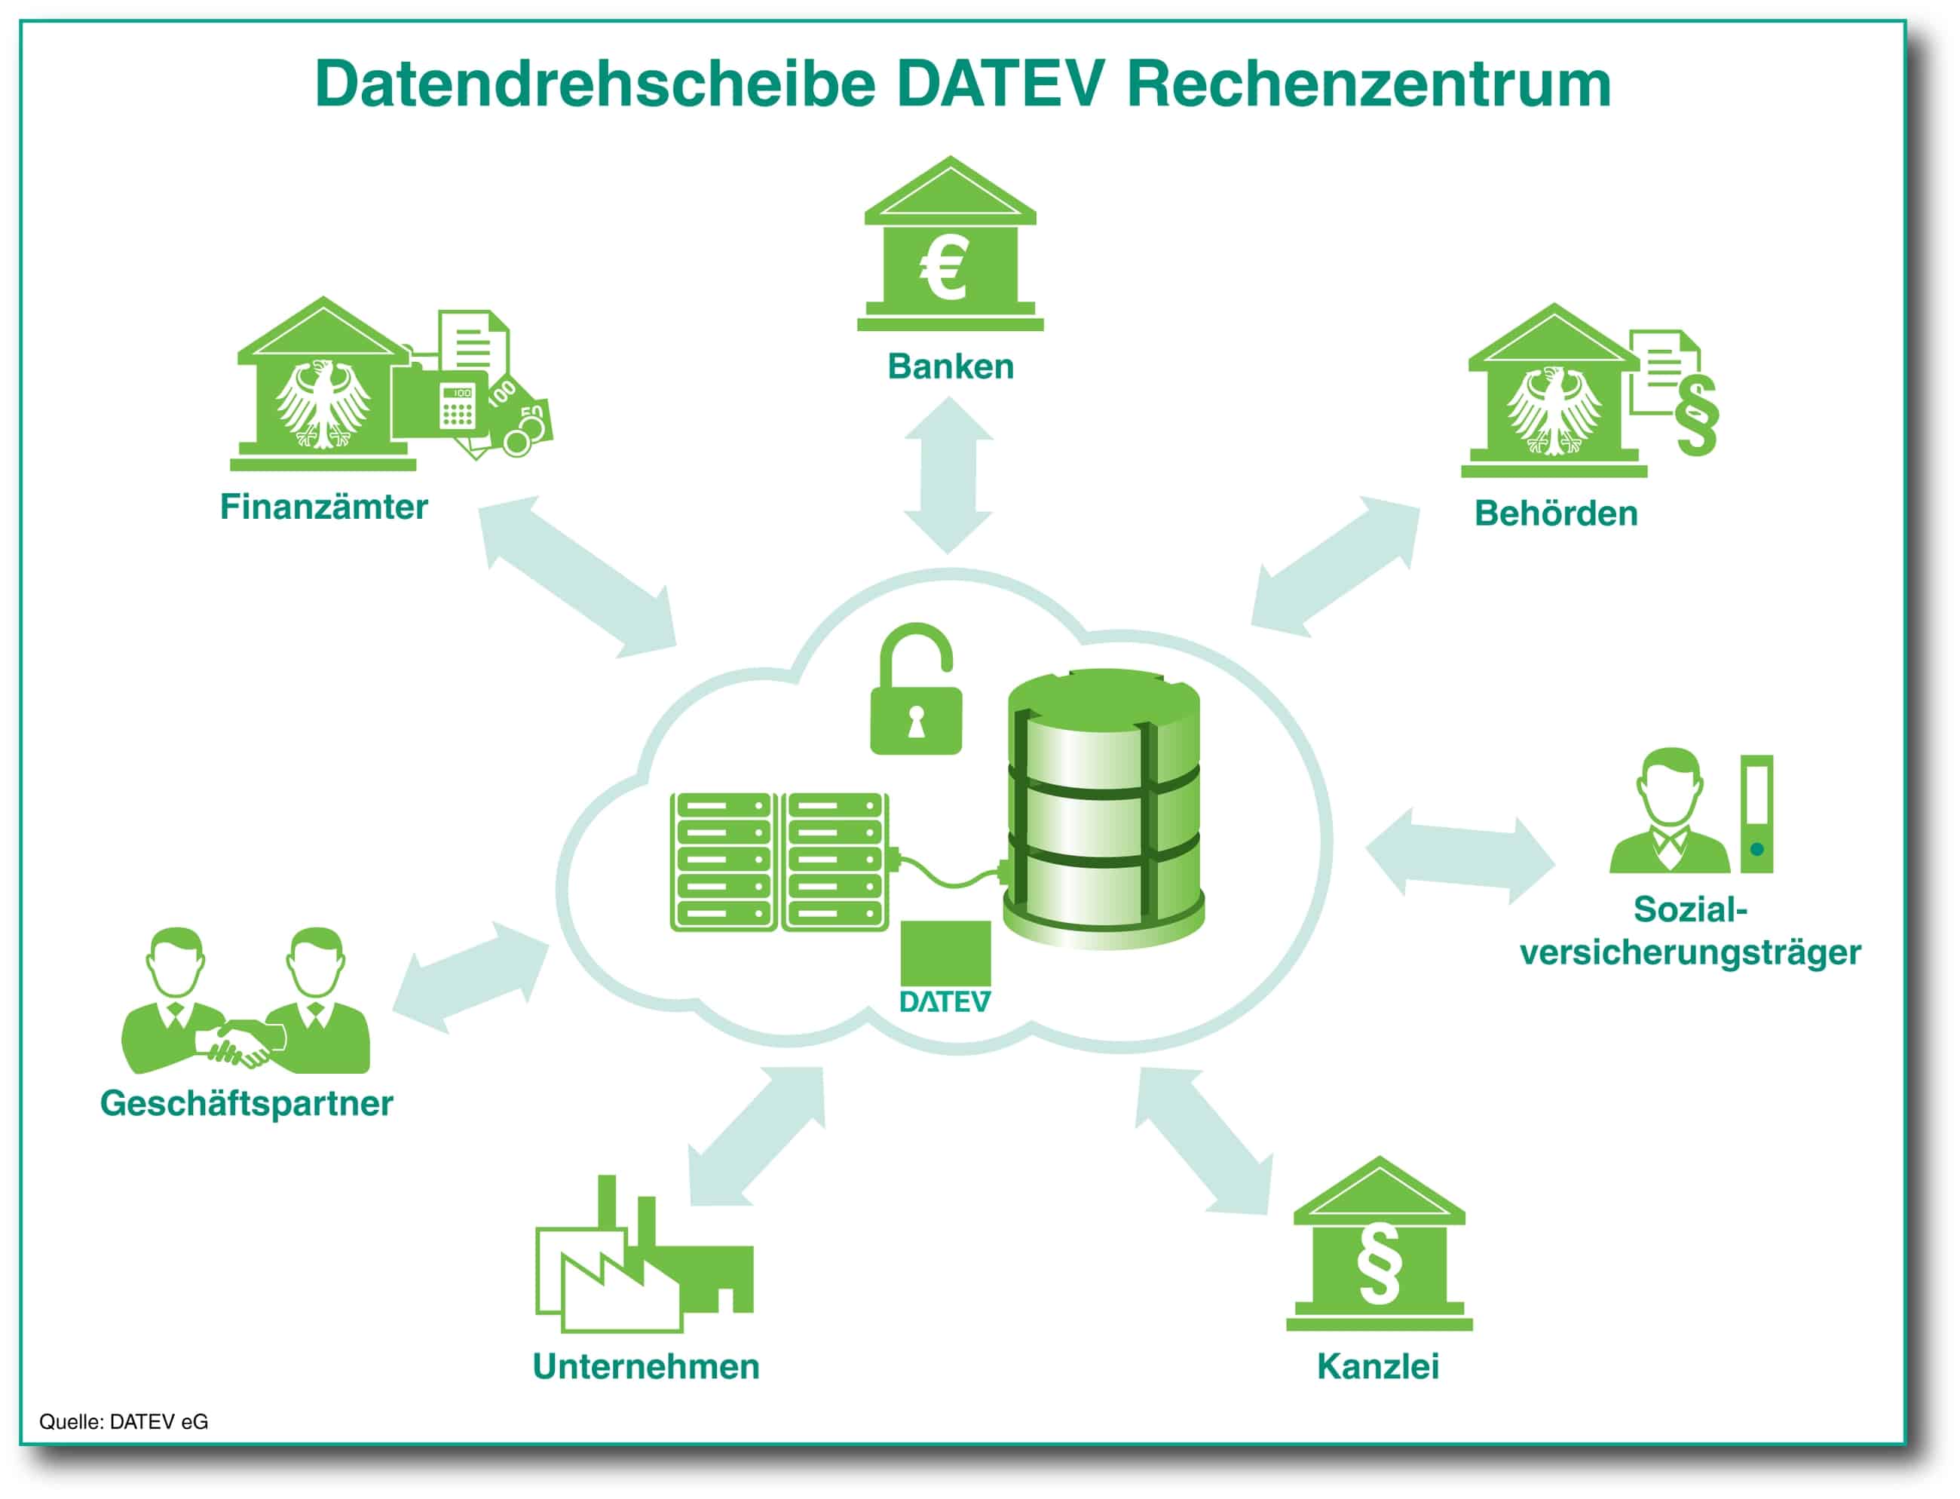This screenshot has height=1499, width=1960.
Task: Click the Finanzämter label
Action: [x=324, y=507]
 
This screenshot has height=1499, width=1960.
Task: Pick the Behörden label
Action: [x=1556, y=513]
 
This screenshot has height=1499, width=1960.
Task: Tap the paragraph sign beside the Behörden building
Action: [x=1696, y=415]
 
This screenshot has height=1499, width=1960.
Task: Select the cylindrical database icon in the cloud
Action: [x=1104, y=808]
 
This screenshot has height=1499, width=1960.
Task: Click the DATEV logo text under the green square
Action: [x=944, y=1002]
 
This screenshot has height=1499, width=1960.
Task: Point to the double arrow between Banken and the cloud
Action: [x=948, y=475]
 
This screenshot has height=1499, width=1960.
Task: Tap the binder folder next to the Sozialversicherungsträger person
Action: [x=1756, y=814]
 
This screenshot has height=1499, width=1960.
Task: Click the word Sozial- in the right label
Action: [x=1689, y=909]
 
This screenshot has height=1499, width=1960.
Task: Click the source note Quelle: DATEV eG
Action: [x=123, y=1421]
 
